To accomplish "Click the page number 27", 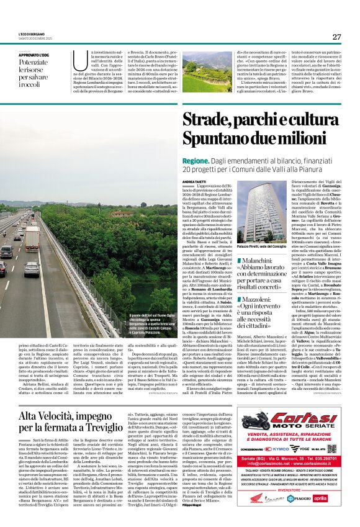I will (336, 37).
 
